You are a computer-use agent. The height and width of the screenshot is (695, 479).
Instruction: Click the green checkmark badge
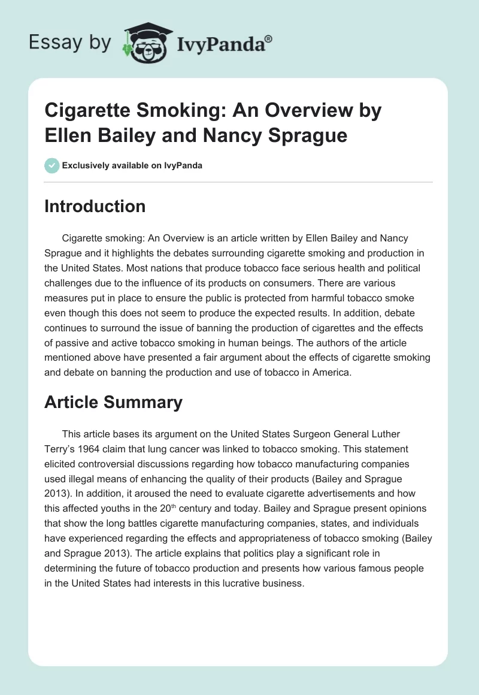click(52, 165)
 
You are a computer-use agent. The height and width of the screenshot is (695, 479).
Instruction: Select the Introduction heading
click(95, 206)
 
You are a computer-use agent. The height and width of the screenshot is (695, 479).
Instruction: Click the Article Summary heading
click(113, 402)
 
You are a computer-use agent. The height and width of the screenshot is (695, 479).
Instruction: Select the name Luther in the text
click(383, 434)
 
